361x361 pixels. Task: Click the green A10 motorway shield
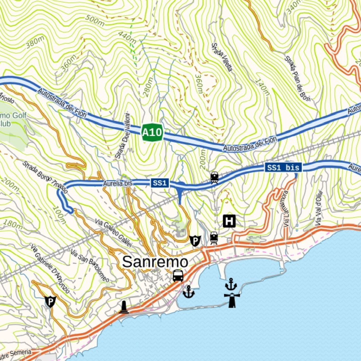(x=152, y=133)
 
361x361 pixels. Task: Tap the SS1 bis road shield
(x=283, y=168)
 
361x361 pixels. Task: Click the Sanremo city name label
(x=155, y=262)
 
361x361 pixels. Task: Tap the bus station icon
(x=178, y=275)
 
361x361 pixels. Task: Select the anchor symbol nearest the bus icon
(x=189, y=292)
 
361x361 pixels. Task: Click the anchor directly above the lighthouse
(x=231, y=284)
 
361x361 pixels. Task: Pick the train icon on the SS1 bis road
(x=214, y=177)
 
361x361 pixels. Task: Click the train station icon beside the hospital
(x=213, y=238)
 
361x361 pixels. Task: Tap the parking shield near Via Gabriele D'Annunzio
(x=50, y=301)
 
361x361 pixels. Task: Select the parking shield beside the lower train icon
(x=195, y=241)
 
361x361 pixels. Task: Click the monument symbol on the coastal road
(x=125, y=307)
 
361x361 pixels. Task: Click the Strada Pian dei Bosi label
(x=298, y=78)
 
